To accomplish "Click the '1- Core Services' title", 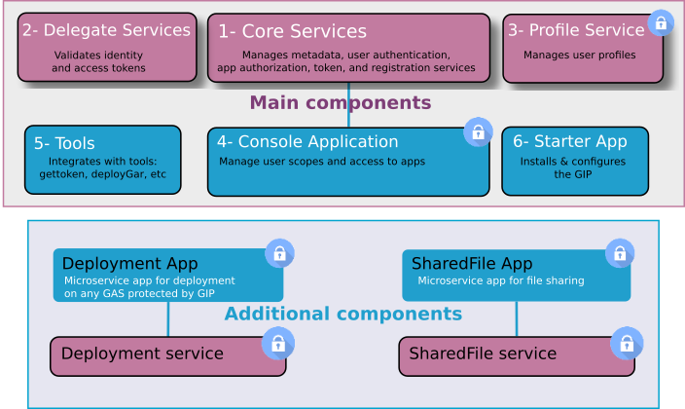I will pos(292,32).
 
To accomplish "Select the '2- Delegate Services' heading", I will pos(106,30).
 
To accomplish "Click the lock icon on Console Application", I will pos(478,131).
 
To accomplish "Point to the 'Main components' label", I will pos(340,102).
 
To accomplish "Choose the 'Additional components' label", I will pos(342,314).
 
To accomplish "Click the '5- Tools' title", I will pos(64,143).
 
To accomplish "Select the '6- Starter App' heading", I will pos(569,141).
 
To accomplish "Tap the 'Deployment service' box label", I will pos(142,353).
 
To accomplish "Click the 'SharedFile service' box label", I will pos(483,353).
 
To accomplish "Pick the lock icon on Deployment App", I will pos(279,254).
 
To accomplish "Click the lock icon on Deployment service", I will pos(278,343).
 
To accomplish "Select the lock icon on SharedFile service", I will pos(627,343).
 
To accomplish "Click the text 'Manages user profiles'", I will pos(579,56).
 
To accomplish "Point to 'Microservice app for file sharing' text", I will pos(500,280).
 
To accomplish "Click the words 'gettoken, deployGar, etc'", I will pos(102,175).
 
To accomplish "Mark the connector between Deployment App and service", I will pos(168,319).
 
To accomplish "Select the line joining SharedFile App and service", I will pos(517,319).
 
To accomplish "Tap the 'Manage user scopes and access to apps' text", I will pos(321,162).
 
